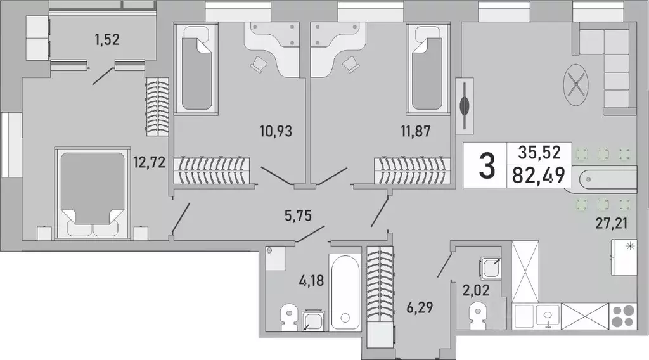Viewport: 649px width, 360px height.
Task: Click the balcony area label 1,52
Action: [x=107, y=40]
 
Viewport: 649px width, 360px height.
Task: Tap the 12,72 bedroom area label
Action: [x=150, y=162]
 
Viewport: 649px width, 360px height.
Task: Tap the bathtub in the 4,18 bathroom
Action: [x=345, y=291]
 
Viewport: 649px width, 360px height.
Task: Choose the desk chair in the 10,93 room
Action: [x=260, y=63]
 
